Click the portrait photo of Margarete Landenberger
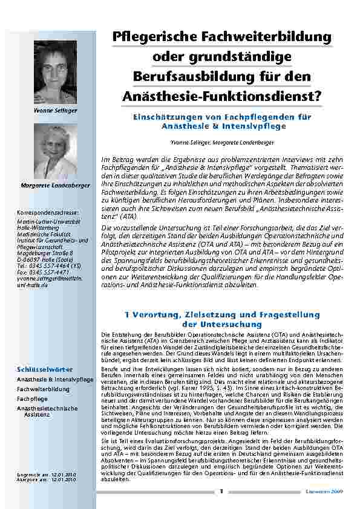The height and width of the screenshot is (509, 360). point(55,151)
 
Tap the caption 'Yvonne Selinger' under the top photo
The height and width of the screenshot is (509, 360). point(55,111)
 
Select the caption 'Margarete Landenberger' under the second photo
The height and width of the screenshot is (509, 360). point(55,184)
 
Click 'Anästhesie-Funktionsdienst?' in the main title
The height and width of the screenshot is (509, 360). point(222,96)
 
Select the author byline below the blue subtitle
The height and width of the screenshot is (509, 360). point(222,141)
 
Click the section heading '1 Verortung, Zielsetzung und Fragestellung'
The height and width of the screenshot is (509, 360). point(222,315)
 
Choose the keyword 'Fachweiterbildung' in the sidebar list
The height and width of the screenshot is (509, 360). point(43,389)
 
